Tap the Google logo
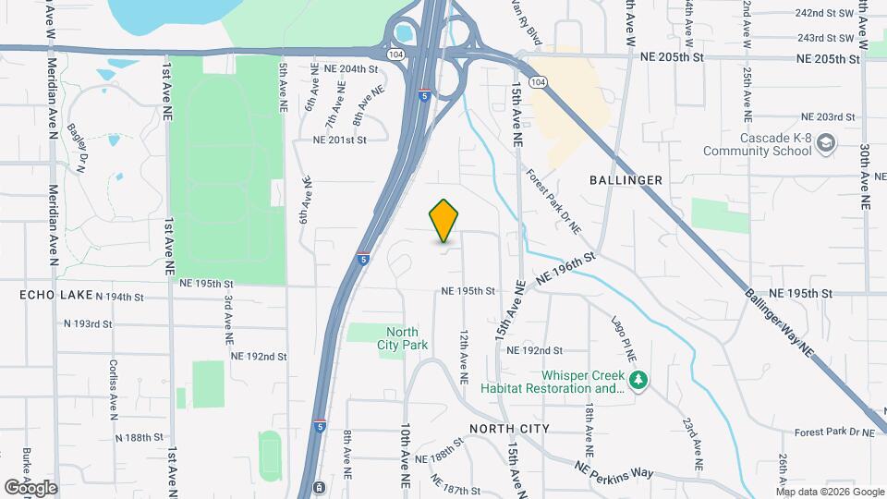(x=30, y=488)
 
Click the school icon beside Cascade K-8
(x=826, y=142)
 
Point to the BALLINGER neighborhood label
(x=626, y=180)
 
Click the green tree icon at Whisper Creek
(x=637, y=380)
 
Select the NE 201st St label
(x=340, y=140)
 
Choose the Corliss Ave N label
(x=114, y=388)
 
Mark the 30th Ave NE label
(x=865, y=167)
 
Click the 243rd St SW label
(x=825, y=38)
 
